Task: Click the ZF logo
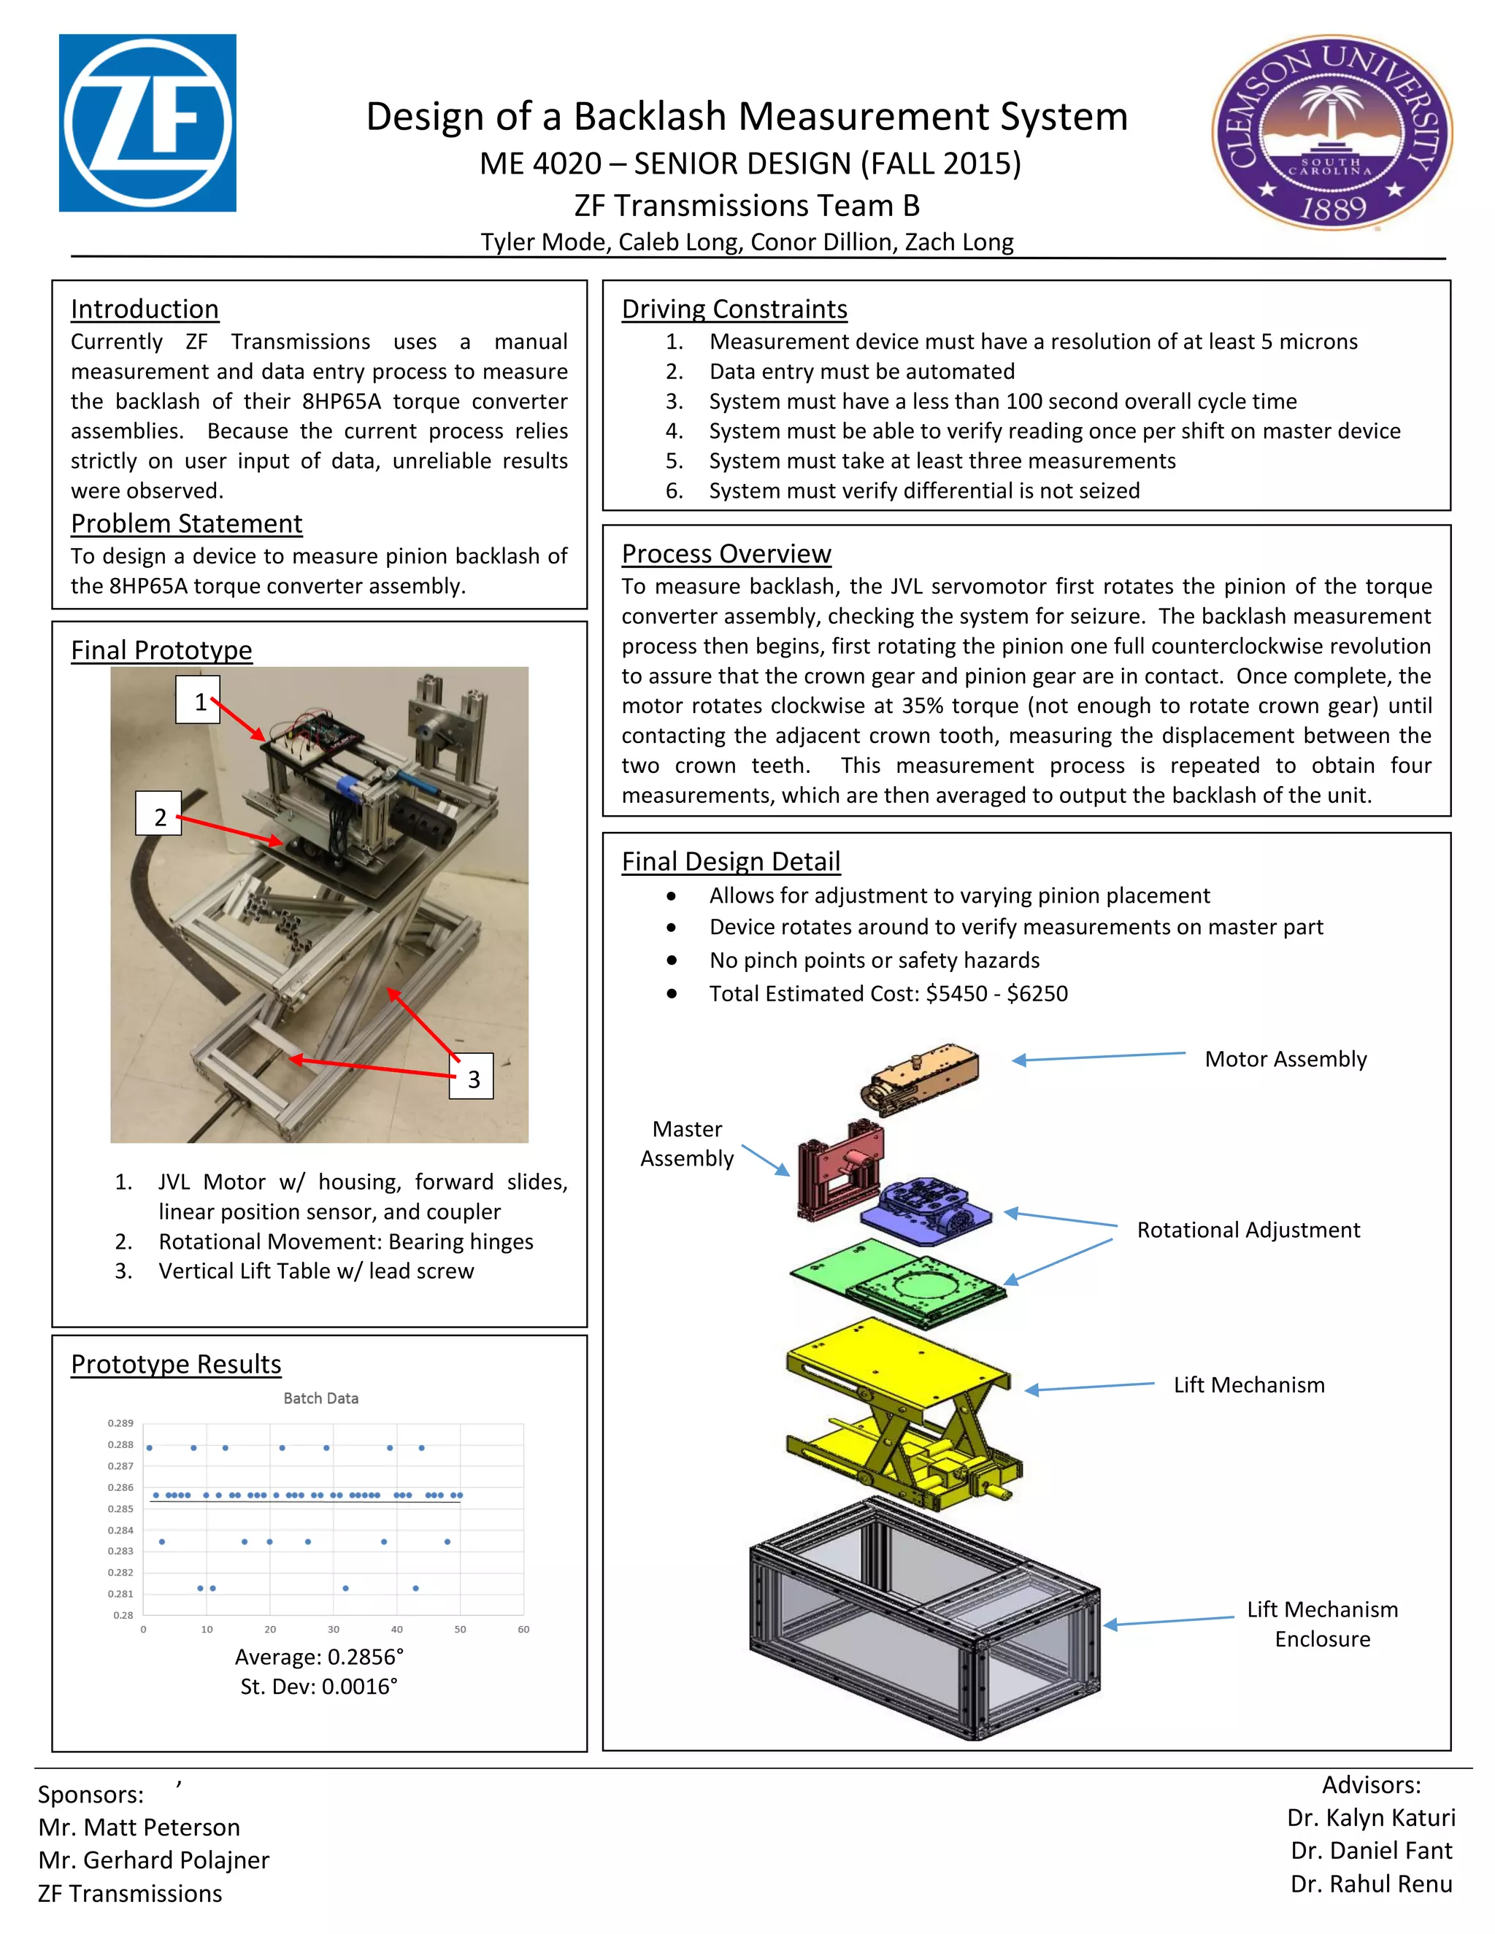[x=147, y=123]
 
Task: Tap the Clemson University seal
[x=1331, y=133]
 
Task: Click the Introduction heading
[x=145, y=309]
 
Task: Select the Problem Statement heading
[x=186, y=523]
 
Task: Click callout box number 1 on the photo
[x=198, y=701]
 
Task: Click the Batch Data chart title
[x=320, y=1398]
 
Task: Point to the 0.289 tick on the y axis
[x=120, y=1423]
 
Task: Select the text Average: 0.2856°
[x=319, y=1657]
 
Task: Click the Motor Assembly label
[x=1285, y=1059]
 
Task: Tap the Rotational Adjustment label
[x=1248, y=1230]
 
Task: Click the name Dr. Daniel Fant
[x=1371, y=1851]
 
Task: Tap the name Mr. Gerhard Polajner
[x=153, y=1860]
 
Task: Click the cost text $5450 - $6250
[x=996, y=993]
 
